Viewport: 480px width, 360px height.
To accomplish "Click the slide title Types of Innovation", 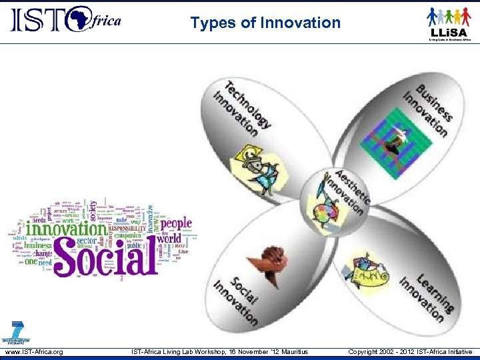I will (x=265, y=23).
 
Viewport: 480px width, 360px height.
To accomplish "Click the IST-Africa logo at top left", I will (x=65, y=19).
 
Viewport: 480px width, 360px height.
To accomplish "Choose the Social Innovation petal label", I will (x=235, y=299).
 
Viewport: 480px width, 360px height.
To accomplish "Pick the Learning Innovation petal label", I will (x=426, y=294).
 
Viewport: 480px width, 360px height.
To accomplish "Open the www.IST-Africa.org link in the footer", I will (x=34, y=352).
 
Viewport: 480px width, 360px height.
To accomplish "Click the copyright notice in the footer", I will (x=410, y=352).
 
